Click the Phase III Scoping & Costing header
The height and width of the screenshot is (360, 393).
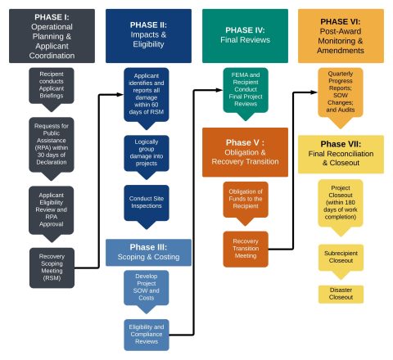pyautogui.click(x=147, y=253)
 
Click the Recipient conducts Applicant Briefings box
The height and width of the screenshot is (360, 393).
pyautogui.click(x=52, y=84)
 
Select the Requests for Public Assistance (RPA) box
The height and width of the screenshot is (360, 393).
pyautogui.click(x=52, y=141)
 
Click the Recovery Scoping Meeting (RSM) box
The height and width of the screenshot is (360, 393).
pyautogui.click(x=52, y=267)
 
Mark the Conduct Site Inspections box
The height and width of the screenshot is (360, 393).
pyautogui.click(x=147, y=202)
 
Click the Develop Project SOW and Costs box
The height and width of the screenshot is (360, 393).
pyautogui.click(x=147, y=286)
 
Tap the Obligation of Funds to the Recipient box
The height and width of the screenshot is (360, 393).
pyautogui.click(x=245, y=199)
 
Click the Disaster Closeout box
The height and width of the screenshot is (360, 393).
pyautogui.click(x=341, y=294)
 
